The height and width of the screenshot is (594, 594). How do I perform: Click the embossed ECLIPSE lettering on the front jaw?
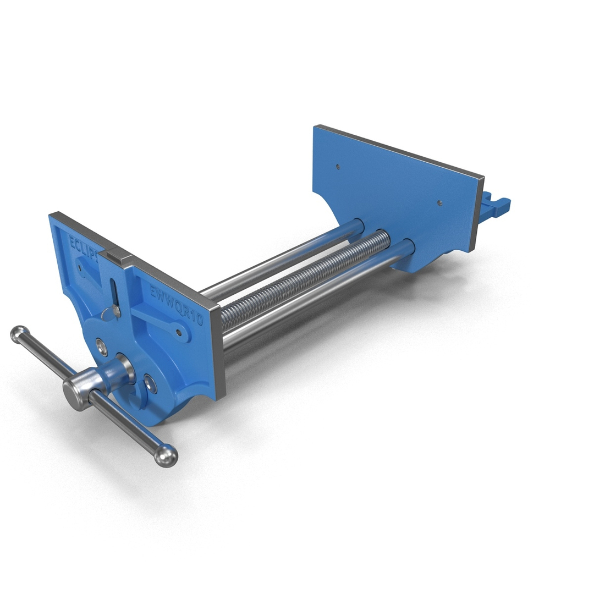(84, 248)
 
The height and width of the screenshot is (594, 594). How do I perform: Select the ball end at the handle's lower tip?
(165, 455)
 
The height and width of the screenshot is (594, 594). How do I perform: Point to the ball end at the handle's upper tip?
(19, 334)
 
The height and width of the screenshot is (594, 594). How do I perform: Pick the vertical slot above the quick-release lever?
(113, 290)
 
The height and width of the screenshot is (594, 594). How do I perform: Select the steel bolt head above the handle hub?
(101, 346)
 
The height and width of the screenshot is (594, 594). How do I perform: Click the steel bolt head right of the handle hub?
(149, 383)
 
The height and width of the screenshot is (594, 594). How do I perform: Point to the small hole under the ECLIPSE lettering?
(80, 268)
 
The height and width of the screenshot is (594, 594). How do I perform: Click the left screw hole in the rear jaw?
(338, 166)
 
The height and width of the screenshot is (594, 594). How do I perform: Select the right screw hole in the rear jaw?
(439, 202)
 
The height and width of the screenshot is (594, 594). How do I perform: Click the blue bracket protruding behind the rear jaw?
(495, 207)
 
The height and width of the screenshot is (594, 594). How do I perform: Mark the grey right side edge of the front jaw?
(220, 352)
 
